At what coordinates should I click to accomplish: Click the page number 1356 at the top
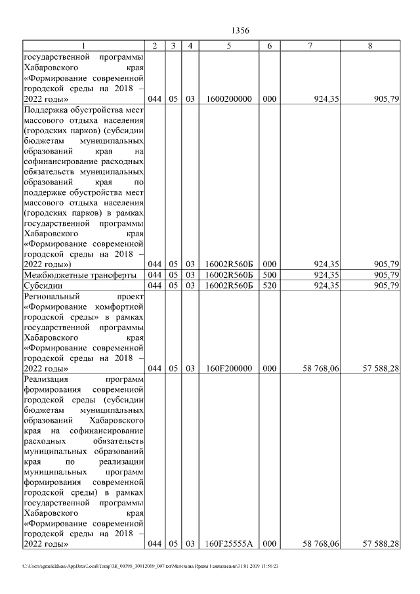[x=241, y=30]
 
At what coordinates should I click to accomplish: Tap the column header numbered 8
[x=371, y=45]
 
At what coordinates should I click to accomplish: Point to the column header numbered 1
[x=84, y=45]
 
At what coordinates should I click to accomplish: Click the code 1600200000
[x=229, y=99]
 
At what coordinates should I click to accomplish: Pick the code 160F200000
[x=229, y=369]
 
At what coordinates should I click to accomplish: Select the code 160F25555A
[x=229, y=543]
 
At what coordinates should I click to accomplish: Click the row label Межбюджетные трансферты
[x=79, y=275]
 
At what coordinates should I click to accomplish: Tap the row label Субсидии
[x=42, y=286]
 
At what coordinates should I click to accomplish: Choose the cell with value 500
[x=270, y=275]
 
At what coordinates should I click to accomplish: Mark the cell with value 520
[x=270, y=286]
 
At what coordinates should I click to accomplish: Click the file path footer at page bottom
[x=151, y=566]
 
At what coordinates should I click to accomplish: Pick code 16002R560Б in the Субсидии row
[x=229, y=286]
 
